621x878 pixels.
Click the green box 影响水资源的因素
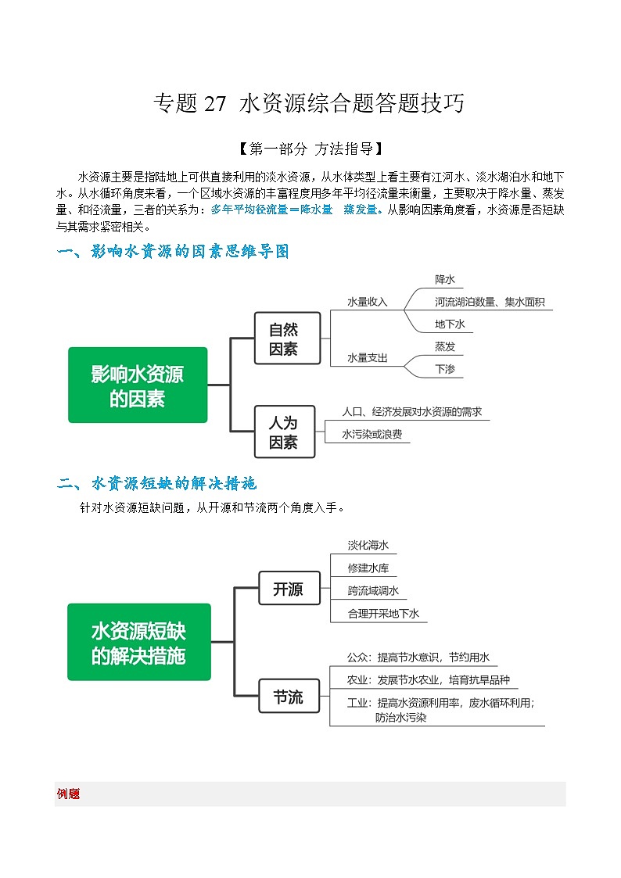(138, 385)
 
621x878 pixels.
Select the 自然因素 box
(287, 339)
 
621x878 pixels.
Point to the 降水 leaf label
(445, 279)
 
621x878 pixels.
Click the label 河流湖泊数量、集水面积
(490, 302)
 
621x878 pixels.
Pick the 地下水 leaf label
(450, 324)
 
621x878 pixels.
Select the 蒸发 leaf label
(445, 346)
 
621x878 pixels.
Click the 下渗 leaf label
(445, 369)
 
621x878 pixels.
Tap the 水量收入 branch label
(368, 302)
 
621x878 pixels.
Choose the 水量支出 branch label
(368, 358)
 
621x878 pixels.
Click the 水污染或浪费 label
(372, 434)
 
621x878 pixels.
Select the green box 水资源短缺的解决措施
(138, 643)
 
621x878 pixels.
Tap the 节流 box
(288, 697)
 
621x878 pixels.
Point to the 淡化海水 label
(368, 546)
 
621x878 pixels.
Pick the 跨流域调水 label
(374, 591)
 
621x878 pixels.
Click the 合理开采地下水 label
(384, 614)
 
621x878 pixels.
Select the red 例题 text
(69, 794)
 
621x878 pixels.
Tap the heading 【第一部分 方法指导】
(310, 149)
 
